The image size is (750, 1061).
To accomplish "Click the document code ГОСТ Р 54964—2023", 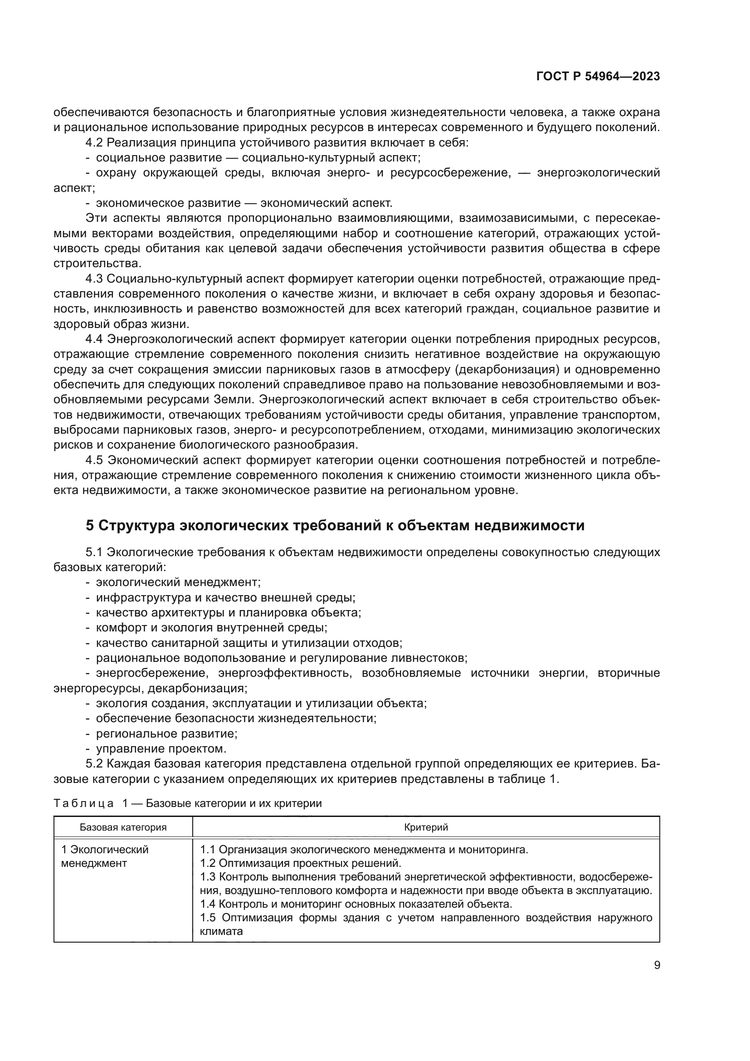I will pos(598,77).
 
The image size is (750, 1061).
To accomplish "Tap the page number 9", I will pos(657,965).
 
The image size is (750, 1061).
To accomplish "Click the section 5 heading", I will pos(335,525).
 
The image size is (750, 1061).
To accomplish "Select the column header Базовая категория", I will pos(123,827).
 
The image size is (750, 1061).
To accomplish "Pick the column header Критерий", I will pos(425,827).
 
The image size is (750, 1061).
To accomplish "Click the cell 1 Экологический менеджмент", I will pos(104,856).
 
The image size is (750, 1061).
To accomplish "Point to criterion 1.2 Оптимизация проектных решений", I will pos(300,863).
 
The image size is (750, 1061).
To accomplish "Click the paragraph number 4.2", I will pos(94,142).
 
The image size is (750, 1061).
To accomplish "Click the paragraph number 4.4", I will pos(94,339).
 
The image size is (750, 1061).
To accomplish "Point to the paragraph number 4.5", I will pos(94,460).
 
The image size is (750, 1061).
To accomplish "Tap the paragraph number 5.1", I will pos(94,552).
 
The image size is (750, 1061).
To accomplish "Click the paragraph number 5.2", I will pos(94,764).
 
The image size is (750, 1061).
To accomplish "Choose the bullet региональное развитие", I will pos(166,733).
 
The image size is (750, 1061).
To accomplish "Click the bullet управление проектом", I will pos(161,748).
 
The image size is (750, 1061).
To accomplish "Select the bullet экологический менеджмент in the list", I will pos(178,582).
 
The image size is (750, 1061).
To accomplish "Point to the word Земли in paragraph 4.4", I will pos(233,400).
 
